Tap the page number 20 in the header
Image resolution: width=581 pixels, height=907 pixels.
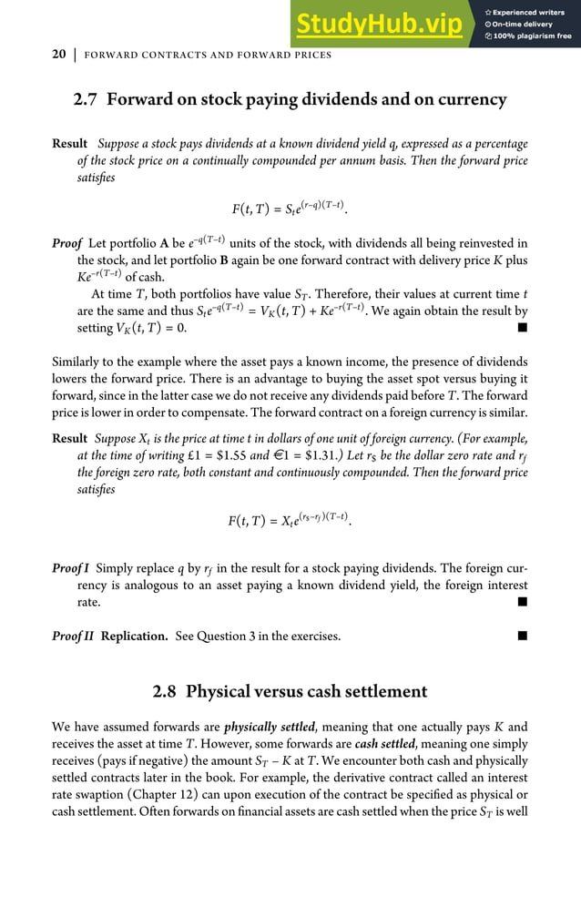[x=58, y=56]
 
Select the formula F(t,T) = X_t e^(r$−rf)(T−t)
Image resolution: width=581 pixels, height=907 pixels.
[x=290, y=522]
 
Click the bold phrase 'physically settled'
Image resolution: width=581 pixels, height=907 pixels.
[x=269, y=727]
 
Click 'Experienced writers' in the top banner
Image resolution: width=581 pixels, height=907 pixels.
[x=529, y=12]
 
